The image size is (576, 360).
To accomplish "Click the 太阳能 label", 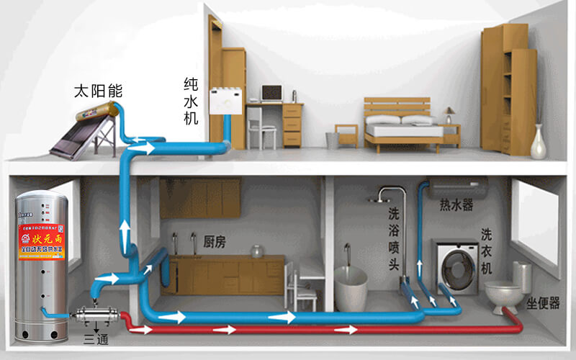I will coord(99,91).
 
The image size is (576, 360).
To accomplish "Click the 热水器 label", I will coord(456,205).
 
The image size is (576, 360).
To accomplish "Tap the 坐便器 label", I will coord(543,303).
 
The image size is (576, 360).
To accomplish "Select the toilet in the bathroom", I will coord(504,292).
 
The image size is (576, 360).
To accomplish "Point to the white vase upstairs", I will coord(538,142).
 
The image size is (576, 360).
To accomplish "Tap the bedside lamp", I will coord(449,114).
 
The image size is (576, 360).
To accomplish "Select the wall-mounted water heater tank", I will coord(458,190).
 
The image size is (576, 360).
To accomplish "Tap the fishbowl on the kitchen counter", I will coord(256,251).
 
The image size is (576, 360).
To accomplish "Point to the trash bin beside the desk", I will coord(332,140).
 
